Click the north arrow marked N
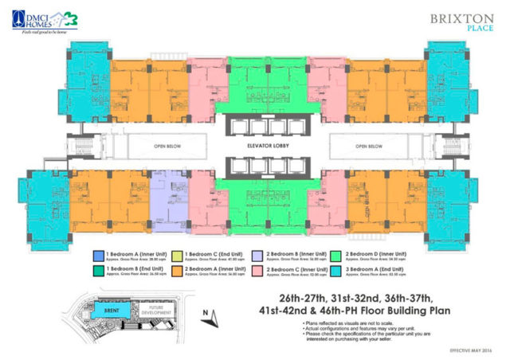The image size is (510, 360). tap(208, 317)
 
